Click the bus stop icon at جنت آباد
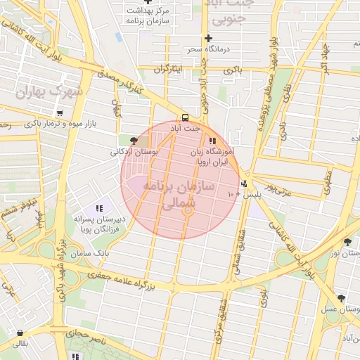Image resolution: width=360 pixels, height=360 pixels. (185, 117)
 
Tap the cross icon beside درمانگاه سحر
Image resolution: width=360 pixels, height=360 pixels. (208, 38)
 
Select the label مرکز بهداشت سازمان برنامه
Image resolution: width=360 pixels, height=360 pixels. (150, 15)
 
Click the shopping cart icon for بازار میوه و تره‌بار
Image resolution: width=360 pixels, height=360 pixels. (60, 112)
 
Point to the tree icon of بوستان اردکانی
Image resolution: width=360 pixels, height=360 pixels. (134, 141)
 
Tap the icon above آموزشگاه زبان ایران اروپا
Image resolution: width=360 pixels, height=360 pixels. (212, 141)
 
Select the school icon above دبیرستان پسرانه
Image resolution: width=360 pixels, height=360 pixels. (99, 208)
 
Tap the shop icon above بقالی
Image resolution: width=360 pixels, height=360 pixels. (20, 333)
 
